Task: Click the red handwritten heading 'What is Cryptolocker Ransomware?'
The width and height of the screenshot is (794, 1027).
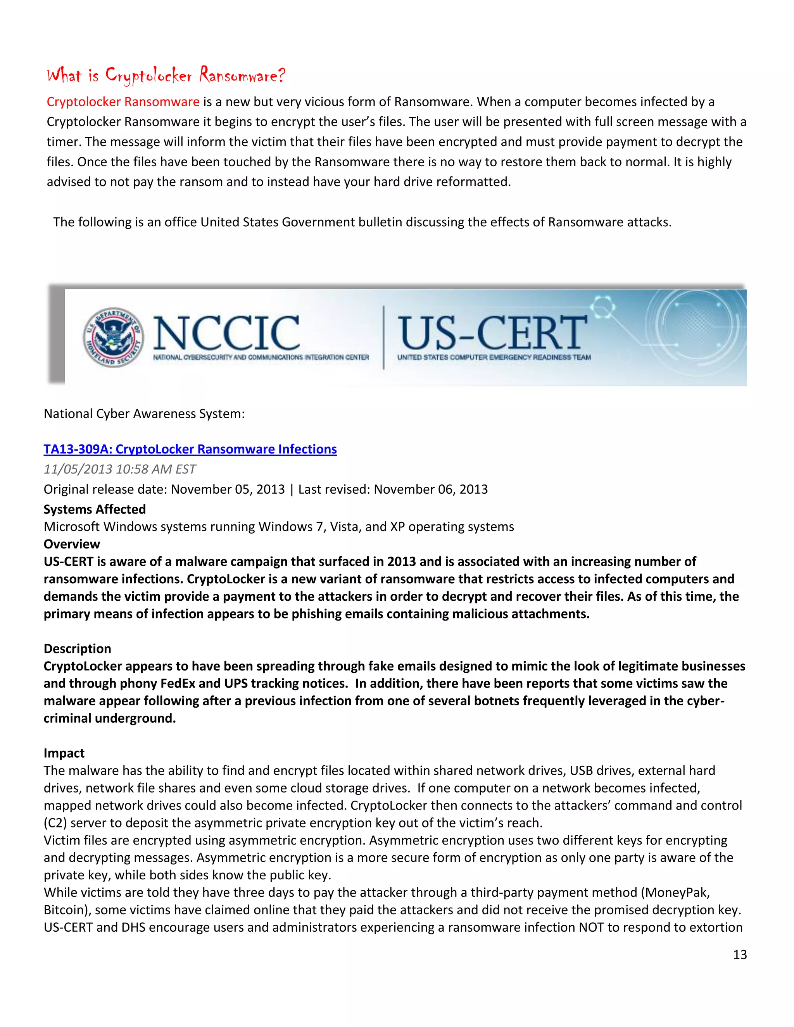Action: [x=166, y=75]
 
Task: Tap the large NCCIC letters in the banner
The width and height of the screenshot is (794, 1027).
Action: [x=226, y=333]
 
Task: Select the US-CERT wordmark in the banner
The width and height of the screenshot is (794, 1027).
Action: [x=492, y=332]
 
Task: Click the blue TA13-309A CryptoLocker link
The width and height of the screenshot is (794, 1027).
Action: [x=190, y=449]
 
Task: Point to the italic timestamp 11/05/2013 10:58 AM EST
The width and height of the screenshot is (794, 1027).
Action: [x=119, y=469]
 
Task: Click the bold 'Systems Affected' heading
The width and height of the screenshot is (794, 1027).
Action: [x=95, y=509]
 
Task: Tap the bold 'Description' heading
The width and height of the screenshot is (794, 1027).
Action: [x=77, y=648]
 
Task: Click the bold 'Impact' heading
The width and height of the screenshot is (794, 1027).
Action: [x=64, y=753]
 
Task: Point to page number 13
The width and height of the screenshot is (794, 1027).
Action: [x=740, y=955]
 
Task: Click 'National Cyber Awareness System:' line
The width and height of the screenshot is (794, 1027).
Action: [x=144, y=414]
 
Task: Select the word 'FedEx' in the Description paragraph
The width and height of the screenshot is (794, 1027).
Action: [x=177, y=683]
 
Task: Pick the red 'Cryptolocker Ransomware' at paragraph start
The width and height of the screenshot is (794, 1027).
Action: [x=123, y=102]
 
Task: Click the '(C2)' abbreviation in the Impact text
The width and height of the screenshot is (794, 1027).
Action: [x=55, y=823]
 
